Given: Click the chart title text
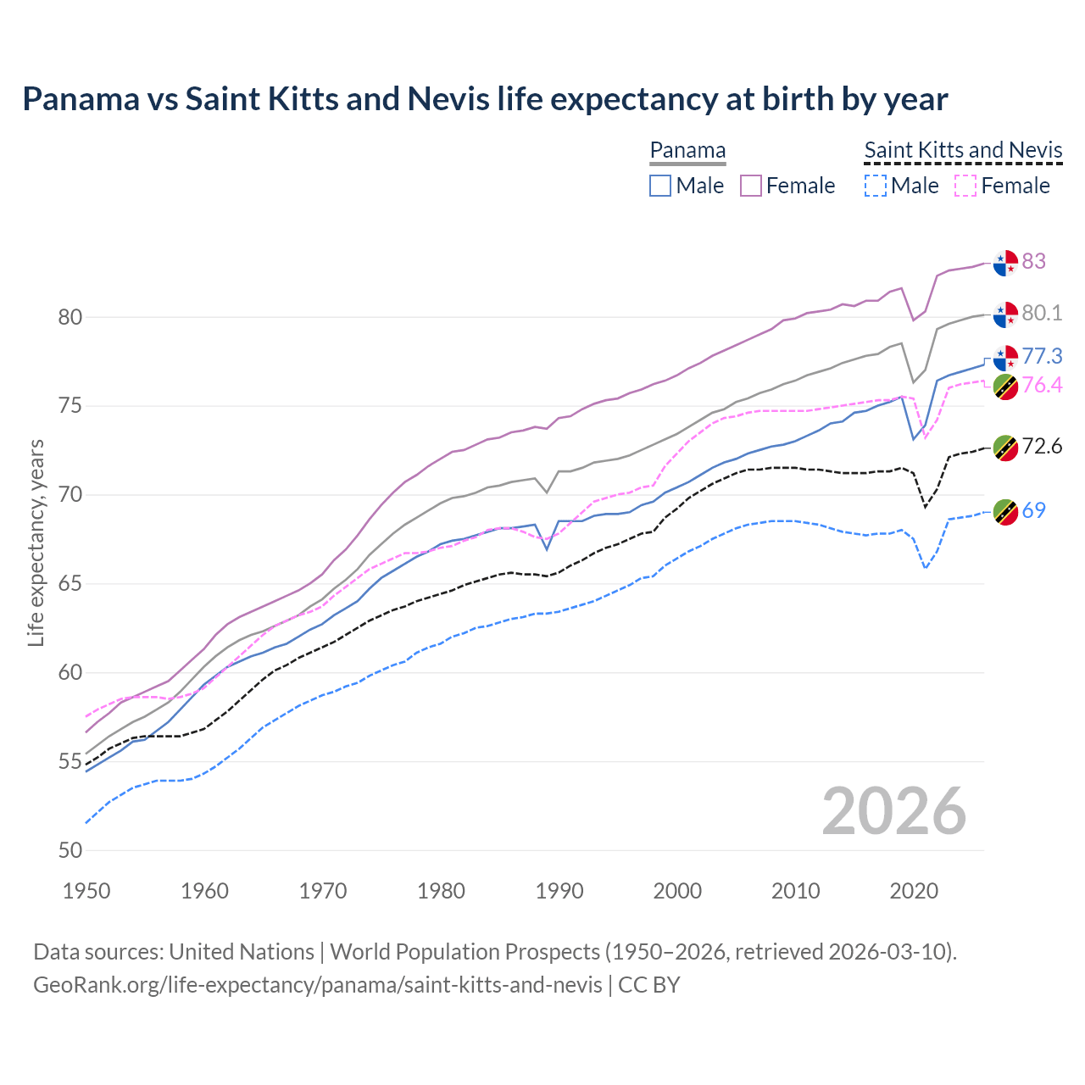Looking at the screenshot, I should pos(485,99).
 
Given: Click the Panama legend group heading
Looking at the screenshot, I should pos(687,151).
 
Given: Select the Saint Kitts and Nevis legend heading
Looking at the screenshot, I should pos(963,151).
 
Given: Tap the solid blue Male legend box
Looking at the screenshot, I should pos(660,186).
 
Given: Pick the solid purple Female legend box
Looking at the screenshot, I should pos(751,186).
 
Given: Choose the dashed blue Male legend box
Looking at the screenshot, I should pos(876,186).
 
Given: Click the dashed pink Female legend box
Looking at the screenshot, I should pos(965,186).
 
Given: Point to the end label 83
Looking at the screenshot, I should pos(1033,261).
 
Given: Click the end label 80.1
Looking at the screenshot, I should pos(1042,314).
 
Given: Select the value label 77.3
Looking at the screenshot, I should pos(1042,356).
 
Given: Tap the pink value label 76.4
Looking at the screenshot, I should pos(1042,386).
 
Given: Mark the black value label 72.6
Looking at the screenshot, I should pos(1042,446).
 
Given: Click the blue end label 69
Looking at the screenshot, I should pos(1033,510).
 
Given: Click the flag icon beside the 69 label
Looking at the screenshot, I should pos(1005,512).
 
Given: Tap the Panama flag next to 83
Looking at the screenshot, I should pos(1005,263).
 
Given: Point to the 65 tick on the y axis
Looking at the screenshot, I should pos(70,584).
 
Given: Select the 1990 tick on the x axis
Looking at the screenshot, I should pos(559,891).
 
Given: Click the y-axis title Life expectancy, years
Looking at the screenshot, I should pos(36,542).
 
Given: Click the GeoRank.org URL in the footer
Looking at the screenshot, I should pos(317,985).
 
